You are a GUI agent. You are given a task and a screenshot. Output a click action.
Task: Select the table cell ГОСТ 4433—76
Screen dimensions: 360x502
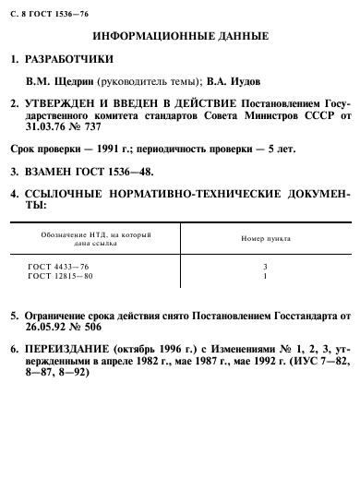(60, 266)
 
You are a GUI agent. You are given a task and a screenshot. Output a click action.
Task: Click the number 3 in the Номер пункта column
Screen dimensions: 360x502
(265, 266)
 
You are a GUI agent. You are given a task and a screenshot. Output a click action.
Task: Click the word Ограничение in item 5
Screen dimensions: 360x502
(62, 315)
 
